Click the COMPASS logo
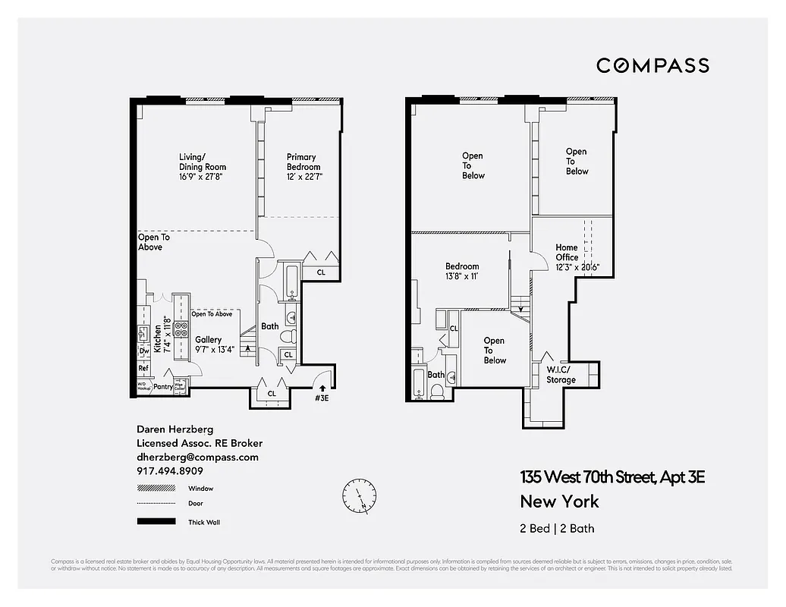[x=652, y=65]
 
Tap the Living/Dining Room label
[x=203, y=167]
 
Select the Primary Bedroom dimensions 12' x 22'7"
[x=303, y=177]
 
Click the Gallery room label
[x=208, y=340]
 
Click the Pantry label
[x=162, y=387]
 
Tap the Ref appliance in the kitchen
[x=143, y=369]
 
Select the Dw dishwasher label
[x=143, y=351]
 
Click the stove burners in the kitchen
[x=181, y=329]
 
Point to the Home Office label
[x=567, y=253]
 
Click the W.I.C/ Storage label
[x=561, y=375]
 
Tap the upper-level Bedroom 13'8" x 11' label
[x=462, y=272]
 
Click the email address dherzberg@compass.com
[x=197, y=458]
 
